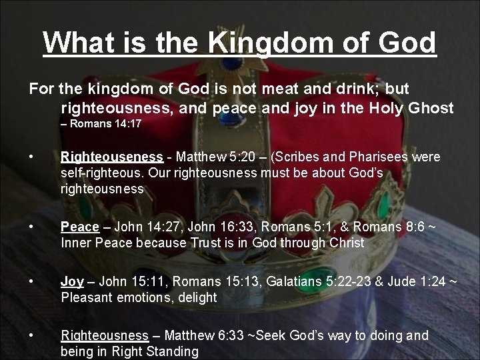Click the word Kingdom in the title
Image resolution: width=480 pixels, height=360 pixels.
[x=265, y=43]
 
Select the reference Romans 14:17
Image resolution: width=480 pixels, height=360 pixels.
[x=106, y=124]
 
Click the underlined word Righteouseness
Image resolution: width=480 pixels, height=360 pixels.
[x=111, y=157]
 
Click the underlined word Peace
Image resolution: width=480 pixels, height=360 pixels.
[x=79, y=227]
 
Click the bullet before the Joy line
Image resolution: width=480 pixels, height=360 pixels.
[x=32, y=282]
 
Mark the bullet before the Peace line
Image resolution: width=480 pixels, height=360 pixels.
[x=32, y=227]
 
